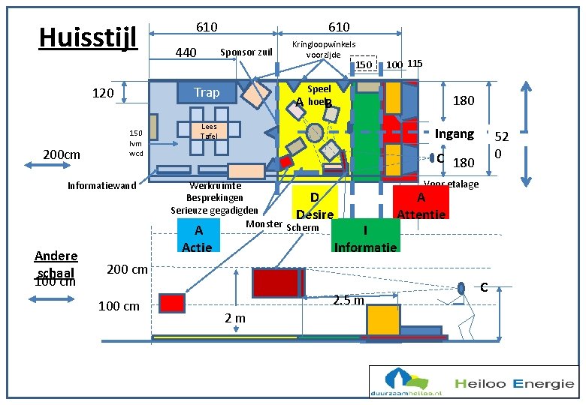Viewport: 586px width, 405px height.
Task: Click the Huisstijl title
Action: click(88, 36)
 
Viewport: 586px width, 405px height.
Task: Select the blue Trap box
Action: click(207, 92)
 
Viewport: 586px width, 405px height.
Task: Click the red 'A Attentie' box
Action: click(421, 204)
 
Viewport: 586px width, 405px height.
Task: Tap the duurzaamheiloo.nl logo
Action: click(406, 382)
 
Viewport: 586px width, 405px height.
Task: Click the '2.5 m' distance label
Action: click(349, 301)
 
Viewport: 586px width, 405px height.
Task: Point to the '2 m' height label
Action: click(235, 318)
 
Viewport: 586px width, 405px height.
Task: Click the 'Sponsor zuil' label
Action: click(246, 52)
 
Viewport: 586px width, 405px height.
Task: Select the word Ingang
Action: click(455, 133)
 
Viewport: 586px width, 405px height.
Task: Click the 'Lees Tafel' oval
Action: click(210, 131)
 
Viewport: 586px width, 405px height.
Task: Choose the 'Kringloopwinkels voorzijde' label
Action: click(324, 49)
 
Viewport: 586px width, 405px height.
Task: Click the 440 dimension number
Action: click(185, 52)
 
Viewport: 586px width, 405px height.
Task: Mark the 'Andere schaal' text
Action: click(56, 262)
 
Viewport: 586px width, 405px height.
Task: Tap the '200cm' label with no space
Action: click(62, 154)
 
